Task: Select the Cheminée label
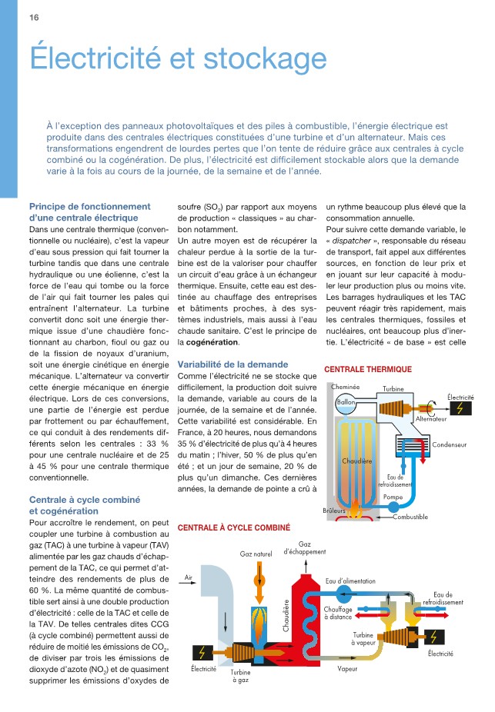click(x=346, y=386)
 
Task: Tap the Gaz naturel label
click(x=256, y=554)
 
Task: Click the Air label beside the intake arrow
click(x=189, y=577)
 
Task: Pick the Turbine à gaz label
click(x=239, y=676)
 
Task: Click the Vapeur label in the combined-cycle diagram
click(x=347, y=668)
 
